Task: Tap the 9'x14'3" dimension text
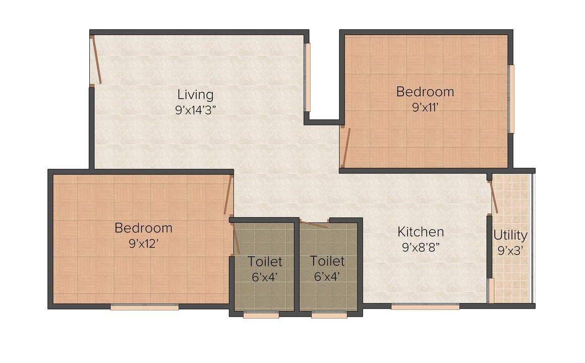coord(196,110)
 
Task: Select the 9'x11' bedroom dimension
coord(425,107)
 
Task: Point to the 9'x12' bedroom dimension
coord(144,244)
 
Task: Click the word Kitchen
coord(421,232)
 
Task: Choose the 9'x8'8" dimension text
coord(421,247)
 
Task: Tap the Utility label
coord(510,235)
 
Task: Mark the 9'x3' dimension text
coord(510,251)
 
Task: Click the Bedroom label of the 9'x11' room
coord(425,92)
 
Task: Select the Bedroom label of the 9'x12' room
coord(144,228)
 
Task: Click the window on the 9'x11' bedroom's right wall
coord(511,99)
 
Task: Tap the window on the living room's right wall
coord(308,77)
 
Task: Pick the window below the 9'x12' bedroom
coord(144,308)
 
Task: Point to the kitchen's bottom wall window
coord(425,307)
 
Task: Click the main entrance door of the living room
coord(97,59)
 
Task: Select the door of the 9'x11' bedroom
coord(346,148)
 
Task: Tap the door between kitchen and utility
coord(494,197)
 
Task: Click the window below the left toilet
coord(261,315)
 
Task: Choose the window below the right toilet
coord(329,315)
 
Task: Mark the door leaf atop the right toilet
coord(314,224)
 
